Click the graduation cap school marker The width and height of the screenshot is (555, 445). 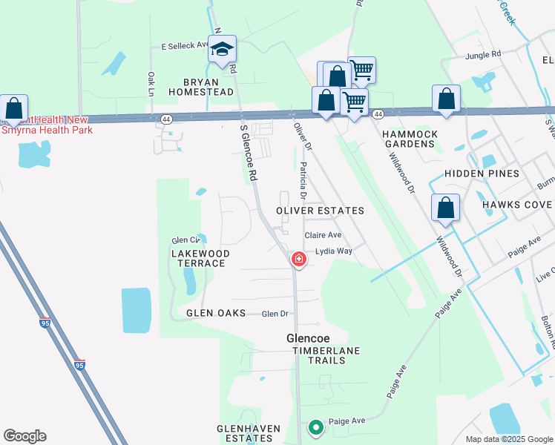222,50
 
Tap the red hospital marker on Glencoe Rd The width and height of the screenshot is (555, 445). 298,259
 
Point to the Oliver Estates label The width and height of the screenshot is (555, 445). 320,211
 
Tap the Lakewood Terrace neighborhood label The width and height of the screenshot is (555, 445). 199,258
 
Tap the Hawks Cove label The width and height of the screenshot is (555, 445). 517,205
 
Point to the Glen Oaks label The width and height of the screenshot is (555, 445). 216,314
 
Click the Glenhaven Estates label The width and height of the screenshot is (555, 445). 244,434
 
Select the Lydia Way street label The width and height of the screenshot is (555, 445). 334,251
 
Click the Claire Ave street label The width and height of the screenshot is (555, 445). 323,235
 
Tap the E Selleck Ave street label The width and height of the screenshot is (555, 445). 185,45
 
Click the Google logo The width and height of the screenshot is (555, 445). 24,436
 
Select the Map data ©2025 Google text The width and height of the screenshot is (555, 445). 508,439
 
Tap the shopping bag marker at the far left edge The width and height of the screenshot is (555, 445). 14,108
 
